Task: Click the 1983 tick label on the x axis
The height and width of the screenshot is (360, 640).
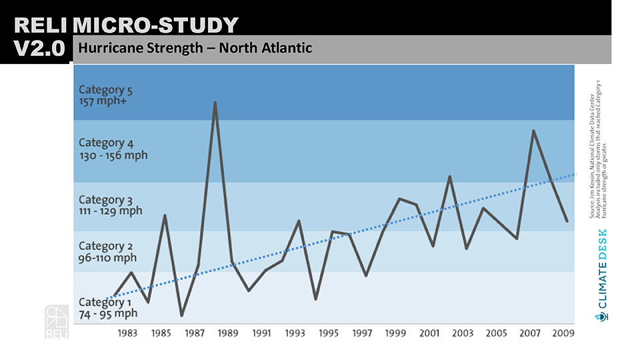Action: point(127,333)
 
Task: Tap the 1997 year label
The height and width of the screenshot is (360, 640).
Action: point(363,333)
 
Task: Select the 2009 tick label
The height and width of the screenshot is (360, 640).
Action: point(564,333)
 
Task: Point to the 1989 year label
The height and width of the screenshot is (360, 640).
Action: point(228,333)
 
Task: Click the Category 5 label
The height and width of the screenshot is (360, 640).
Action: point(101,89)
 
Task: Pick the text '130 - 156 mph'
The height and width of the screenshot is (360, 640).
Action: point(113,155)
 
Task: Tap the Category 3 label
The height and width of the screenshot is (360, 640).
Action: point(101,199)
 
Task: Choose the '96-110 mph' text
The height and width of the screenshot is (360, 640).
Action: point(107,258)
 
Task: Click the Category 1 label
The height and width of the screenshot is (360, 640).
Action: point(101,302)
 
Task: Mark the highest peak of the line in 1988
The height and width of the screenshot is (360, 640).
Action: point(215,103)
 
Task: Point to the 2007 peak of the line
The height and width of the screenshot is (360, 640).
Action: point(533,131)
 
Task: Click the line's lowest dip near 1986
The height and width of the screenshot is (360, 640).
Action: point(181,315)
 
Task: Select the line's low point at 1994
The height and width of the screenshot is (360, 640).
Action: point(315,299)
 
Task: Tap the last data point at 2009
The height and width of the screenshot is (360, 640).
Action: point(567,221)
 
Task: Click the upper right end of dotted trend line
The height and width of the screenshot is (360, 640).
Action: point(573,174)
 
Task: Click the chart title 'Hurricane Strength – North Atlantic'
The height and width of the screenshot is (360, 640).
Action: point(195,49)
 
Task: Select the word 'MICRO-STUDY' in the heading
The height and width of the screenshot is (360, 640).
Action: point(155,25)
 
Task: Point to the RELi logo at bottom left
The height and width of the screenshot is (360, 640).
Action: point(56,321)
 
